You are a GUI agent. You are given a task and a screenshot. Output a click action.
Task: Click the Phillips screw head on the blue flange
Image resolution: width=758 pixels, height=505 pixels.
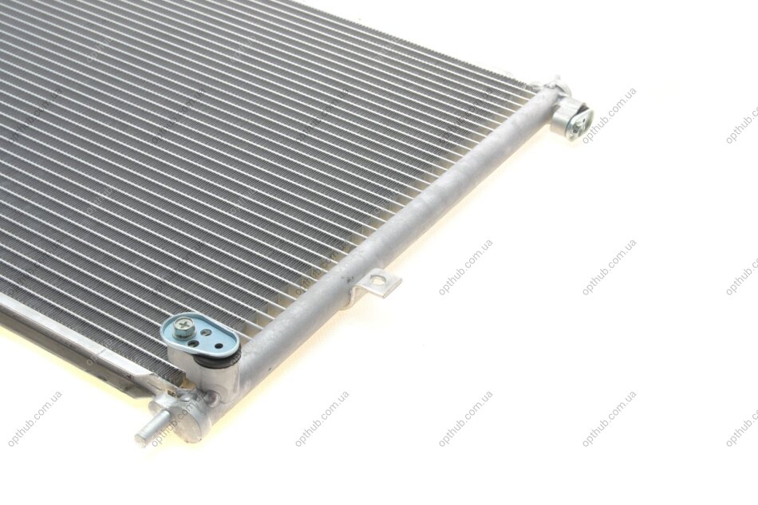click(x=184, y=326)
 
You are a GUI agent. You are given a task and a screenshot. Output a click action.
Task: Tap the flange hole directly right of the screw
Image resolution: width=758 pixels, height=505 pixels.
click(x=207, y=333)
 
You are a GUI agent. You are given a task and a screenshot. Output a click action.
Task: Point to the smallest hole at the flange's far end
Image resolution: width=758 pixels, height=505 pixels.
click(x=219, y=346)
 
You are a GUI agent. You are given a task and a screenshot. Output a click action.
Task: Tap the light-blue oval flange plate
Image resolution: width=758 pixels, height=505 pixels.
click(x=200, y=337)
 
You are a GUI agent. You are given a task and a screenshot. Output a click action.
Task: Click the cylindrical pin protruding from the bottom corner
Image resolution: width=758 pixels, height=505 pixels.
click(x=151, y=429)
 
